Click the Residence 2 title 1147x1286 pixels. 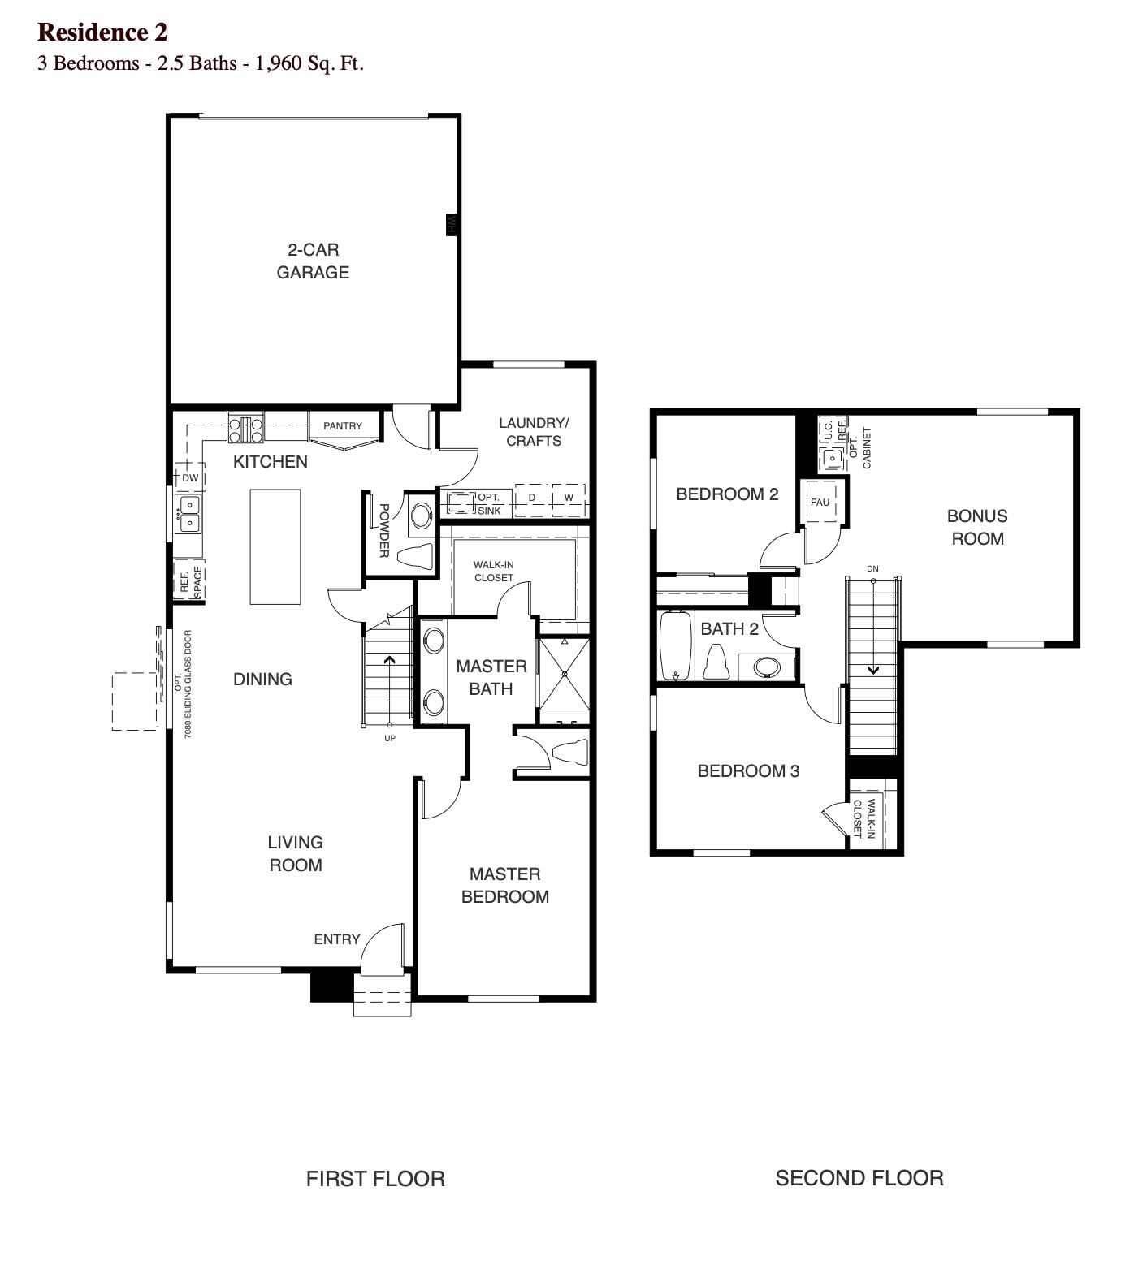coord(102,32)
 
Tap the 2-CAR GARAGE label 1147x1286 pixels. coord(313,261)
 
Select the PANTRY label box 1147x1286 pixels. coord(343,426)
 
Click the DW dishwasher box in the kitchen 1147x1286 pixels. coord(190,478)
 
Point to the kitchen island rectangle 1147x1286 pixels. coord(275,546)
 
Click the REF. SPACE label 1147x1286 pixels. coord(190,581)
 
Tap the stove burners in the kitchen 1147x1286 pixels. coord(245,428)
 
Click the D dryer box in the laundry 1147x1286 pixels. coord(532,498)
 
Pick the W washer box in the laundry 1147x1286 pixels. coord(569,498)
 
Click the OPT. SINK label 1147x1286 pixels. coord(489,504)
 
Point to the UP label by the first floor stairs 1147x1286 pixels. coord(390,739)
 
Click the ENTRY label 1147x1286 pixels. coord(337,939)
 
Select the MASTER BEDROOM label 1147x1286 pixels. coord(505,886)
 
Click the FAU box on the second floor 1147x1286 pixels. coord(820,503)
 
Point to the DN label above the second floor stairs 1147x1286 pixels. coord(872,569)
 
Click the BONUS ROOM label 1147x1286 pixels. coord(977,528)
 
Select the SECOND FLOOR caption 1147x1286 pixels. coord(859,1178)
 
